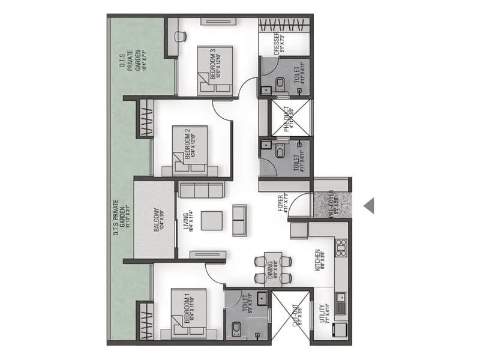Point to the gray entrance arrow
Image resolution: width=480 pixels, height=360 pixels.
(x=369, y=206)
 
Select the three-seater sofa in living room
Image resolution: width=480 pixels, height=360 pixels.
(x=201, y=191)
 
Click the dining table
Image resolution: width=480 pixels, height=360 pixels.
(x=272, y=267)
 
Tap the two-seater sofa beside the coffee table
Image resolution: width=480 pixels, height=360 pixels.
(x=239, y=220)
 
